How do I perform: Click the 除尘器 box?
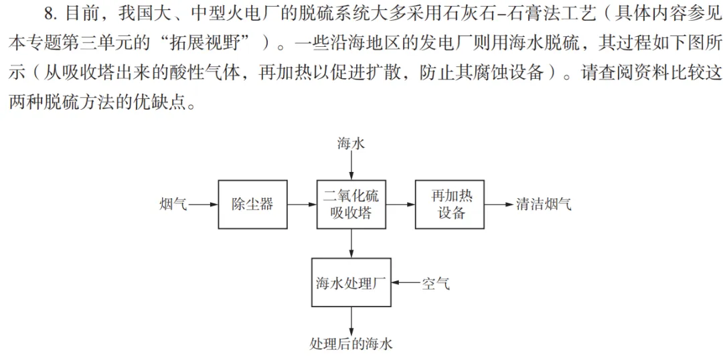(252, 204)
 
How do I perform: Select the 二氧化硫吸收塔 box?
(351, 204)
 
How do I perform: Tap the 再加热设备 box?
(450, 204)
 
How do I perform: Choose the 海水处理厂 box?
(351, 282)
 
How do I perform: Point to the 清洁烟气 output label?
(544, 203)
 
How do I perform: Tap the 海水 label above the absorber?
(351, 144)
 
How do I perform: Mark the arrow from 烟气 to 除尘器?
(203, 204)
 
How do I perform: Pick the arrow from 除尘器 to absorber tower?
(301, 204)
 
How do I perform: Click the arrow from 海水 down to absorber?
(351, 166)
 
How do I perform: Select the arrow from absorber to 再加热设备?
(401, 204)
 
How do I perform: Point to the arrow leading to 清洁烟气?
(499, 204)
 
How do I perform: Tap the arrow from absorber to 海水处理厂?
(351, 243)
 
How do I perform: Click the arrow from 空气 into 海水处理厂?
(405, 282)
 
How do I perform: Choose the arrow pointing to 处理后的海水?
(351, 321)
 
